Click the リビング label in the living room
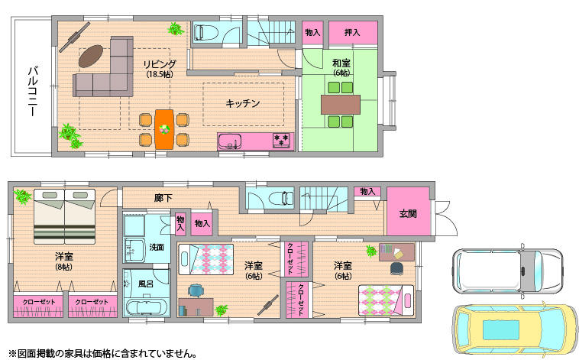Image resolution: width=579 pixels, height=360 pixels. point(160,64)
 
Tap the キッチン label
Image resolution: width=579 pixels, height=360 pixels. point(243,102)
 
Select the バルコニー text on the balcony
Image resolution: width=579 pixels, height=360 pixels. point(33,91)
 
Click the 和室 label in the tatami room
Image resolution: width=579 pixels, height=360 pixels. point(341,63)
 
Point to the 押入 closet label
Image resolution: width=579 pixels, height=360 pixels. point(352,33)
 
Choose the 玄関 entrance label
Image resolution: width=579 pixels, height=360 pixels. point(408,214)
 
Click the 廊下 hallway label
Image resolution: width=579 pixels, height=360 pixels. point(163,198)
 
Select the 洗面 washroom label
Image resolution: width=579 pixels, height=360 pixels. point(157,247)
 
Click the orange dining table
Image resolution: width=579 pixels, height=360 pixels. point(164,128)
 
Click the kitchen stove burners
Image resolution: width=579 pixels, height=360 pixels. point(280,141)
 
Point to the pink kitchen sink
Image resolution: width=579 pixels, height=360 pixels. point(230,141)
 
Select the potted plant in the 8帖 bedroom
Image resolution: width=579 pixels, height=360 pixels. point(21,196)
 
